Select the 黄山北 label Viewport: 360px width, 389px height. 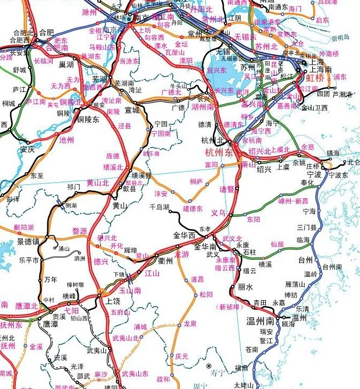(98, 182)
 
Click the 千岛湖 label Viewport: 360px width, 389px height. (159, 207)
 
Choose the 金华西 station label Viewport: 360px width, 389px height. (185, 235)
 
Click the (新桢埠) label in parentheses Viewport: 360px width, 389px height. (230, 307)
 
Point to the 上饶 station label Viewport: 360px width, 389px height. (113, 300)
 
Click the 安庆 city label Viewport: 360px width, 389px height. (28, 149)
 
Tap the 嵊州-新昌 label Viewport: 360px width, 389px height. (292, 201)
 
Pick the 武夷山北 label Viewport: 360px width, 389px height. (125, 337)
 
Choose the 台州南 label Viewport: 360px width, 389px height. (334, 267)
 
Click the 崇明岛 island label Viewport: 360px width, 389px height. (340, 38)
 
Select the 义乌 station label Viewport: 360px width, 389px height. (219, 213)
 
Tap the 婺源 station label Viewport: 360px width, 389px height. (80, 231)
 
